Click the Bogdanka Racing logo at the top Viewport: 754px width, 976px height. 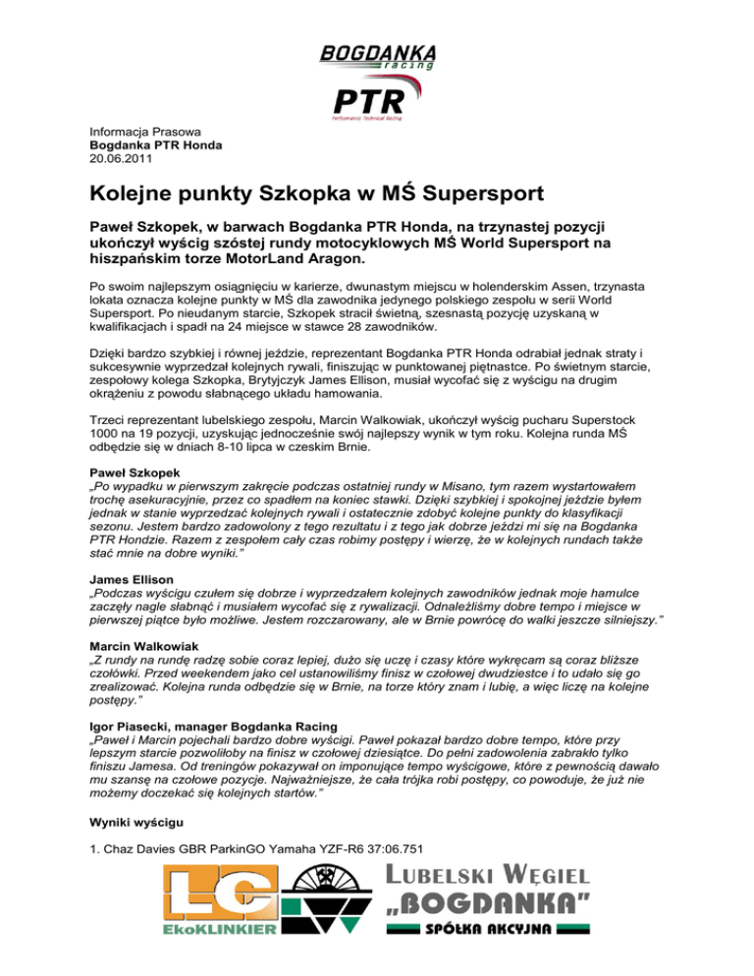(x=377, y=56)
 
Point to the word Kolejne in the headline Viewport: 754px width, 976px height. (x=131, y=192)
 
